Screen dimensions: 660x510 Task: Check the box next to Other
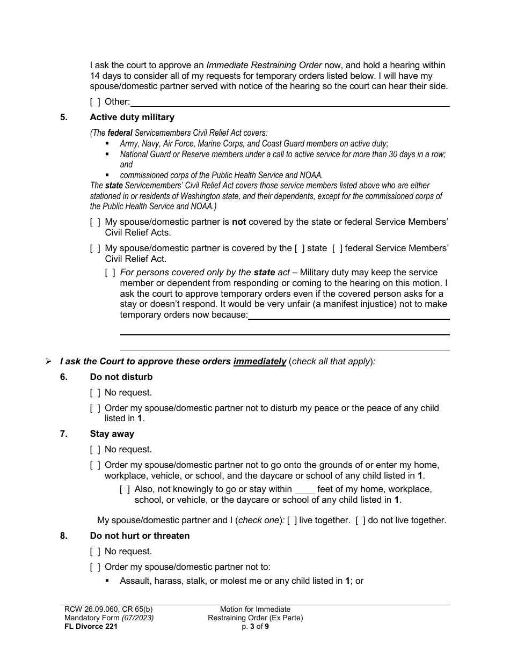[95, 102]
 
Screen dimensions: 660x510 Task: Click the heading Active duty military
[132, 117]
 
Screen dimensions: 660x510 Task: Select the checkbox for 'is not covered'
[95, 222]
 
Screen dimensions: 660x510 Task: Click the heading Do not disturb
[121, 377]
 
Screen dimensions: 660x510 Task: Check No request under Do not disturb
[95, 393]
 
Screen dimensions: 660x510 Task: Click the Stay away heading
[112, 434]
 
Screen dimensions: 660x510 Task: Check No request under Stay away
[95, 450]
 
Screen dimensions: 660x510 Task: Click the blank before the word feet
[304, 489]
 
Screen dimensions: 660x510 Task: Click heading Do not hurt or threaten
[140, 536]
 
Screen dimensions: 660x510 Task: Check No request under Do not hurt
[95, 552]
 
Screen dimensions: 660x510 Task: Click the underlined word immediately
[260, 361]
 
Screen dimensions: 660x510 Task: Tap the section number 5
[64, 117]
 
